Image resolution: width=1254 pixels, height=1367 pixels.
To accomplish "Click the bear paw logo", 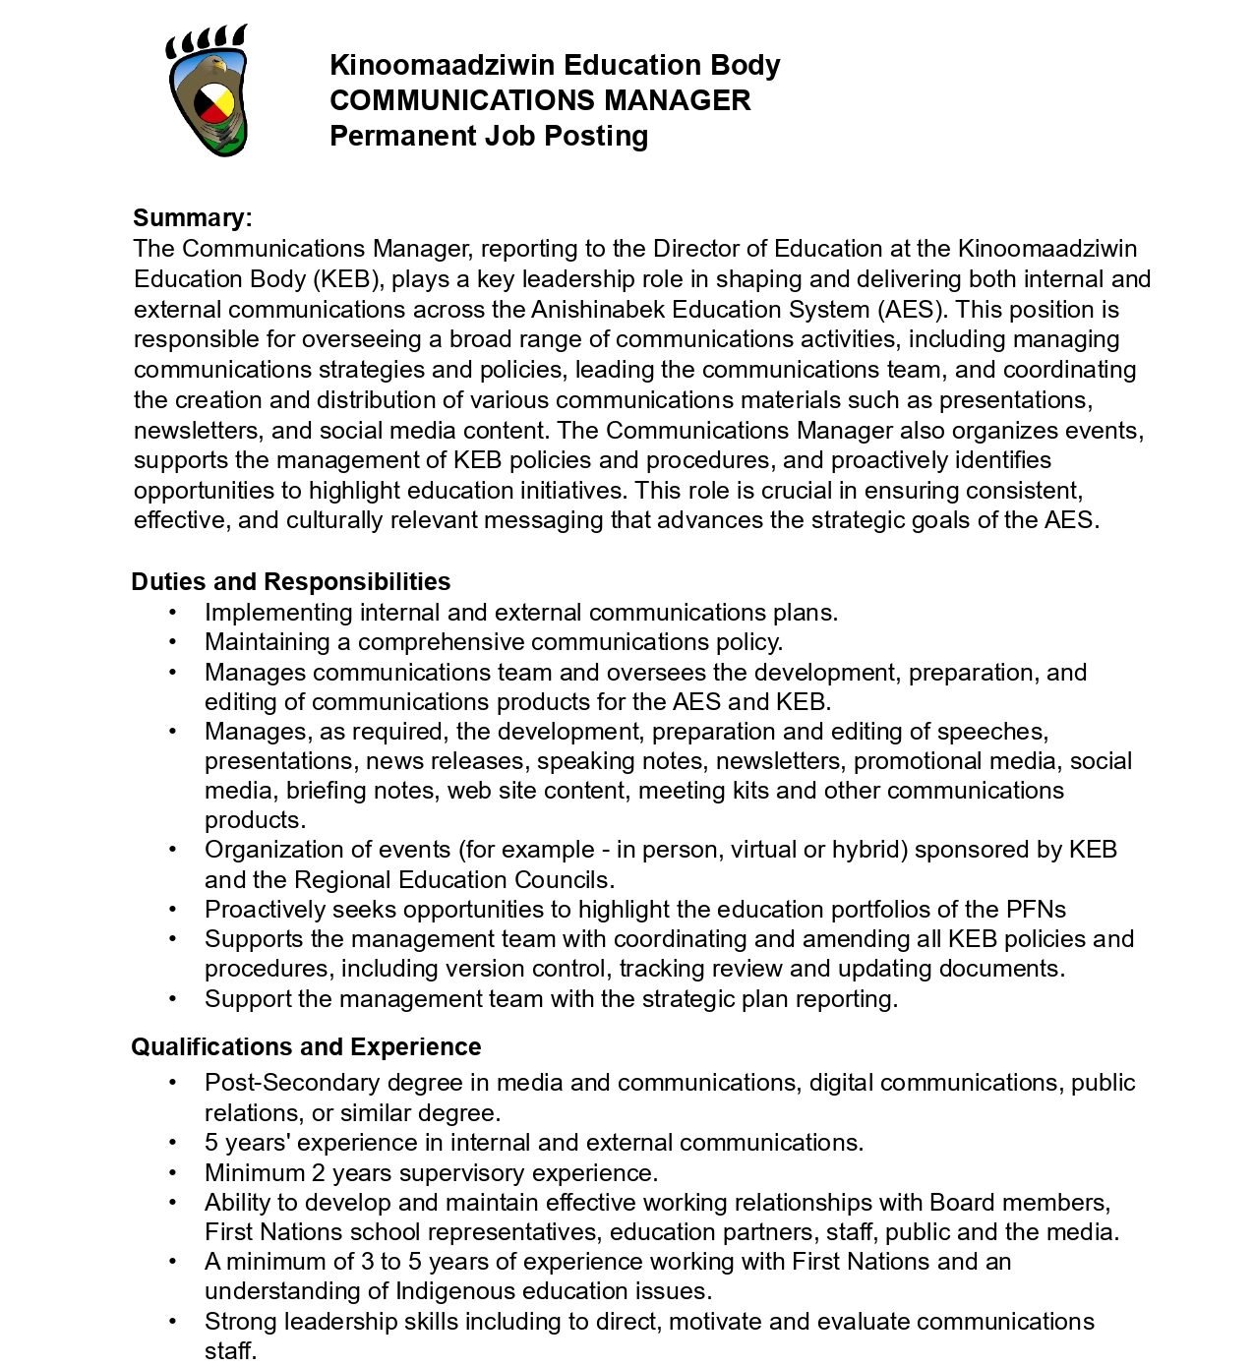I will click(x=207, y=90).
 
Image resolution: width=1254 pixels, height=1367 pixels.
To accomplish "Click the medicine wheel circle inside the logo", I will click(x=214, y=103).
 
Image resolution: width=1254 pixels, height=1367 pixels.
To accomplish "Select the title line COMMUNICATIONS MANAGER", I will click(x=540, y=100).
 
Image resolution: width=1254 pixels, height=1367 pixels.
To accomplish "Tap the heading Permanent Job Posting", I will click(x=489, y=136).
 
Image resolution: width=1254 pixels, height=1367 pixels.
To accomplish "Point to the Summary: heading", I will click(x=193, y=218).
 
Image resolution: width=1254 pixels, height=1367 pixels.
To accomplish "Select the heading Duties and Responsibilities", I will click(x=291, y=582).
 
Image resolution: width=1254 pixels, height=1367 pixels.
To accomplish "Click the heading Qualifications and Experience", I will click(x=306, y=1047).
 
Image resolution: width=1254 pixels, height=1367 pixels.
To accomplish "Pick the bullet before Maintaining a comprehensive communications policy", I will click(x=174, y=642).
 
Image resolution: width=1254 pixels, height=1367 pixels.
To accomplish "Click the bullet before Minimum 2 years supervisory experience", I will click(x=174, y=1173).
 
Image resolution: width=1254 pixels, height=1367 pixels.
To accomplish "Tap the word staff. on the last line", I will click(x=230, y=1351).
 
